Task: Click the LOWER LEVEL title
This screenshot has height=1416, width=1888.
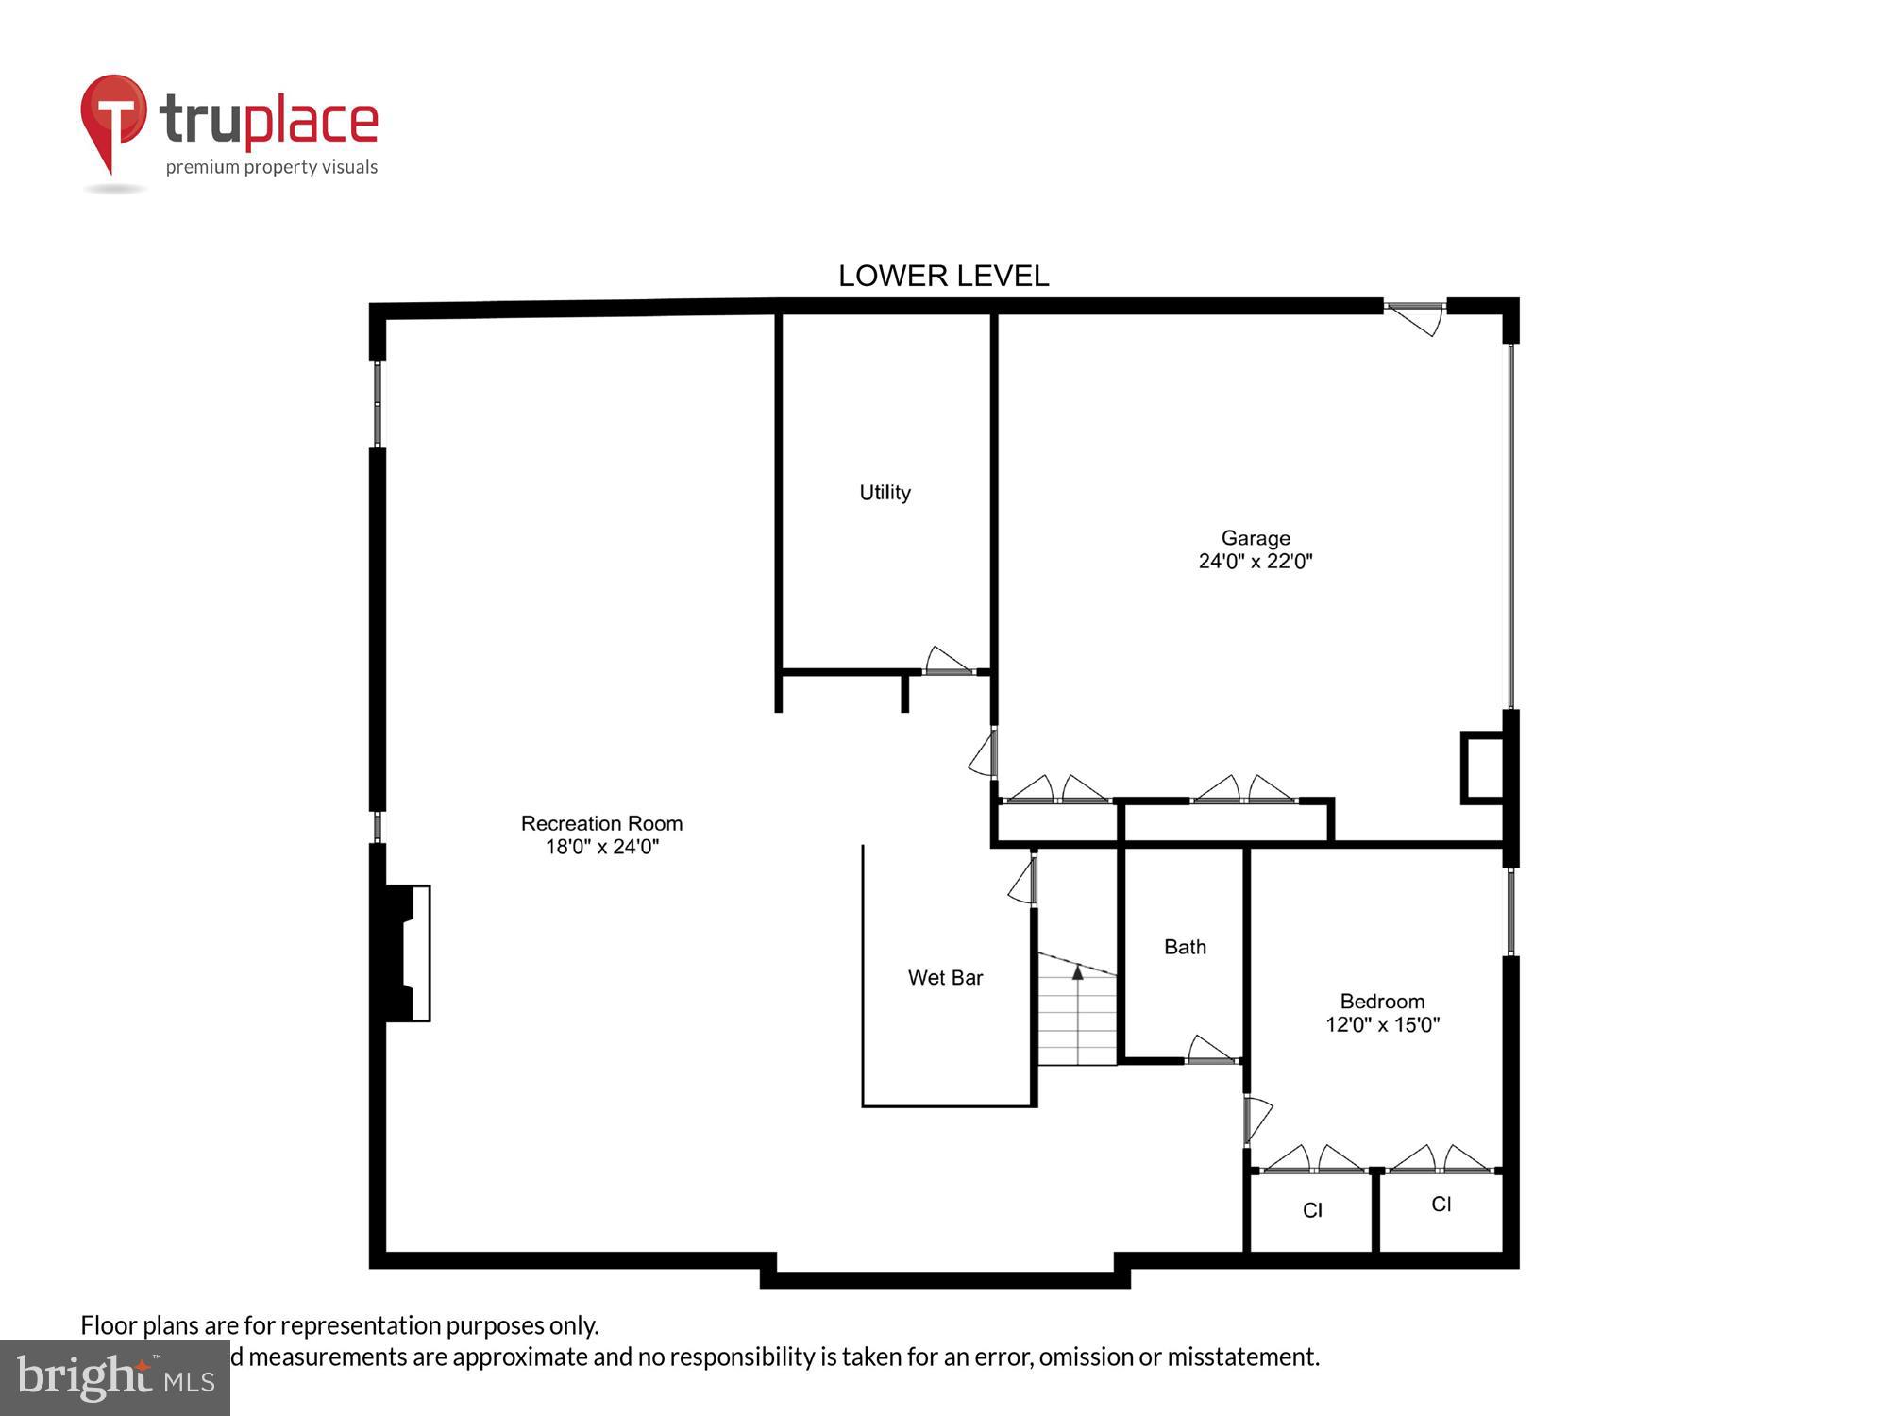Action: pos(943,276)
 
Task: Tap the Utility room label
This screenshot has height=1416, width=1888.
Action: pos(885,492)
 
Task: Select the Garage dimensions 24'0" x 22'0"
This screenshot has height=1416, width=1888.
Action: pos(1255,562)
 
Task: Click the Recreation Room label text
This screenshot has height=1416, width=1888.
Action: pos(601,823)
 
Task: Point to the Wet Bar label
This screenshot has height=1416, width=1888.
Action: pos(945,978)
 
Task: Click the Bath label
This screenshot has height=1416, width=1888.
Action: pos(1185,947)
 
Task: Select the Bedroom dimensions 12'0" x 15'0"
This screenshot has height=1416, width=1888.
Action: pos(1382,1025)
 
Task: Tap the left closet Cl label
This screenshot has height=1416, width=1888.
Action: pos(1312,1210)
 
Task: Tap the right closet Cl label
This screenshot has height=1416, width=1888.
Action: pos(1441,1204)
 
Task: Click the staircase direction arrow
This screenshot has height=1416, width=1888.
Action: pos(1078,973)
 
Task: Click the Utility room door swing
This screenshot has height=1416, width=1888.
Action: pos(947,661)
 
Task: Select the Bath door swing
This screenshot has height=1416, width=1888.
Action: pos(1209,1050)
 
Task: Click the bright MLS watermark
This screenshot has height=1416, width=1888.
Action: pos(114,1378)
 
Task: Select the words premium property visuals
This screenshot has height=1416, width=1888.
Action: pos(272,168)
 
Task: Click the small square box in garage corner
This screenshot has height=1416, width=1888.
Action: pos(1482,768)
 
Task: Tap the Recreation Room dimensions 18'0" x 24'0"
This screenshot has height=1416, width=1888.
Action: pos(601,847)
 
